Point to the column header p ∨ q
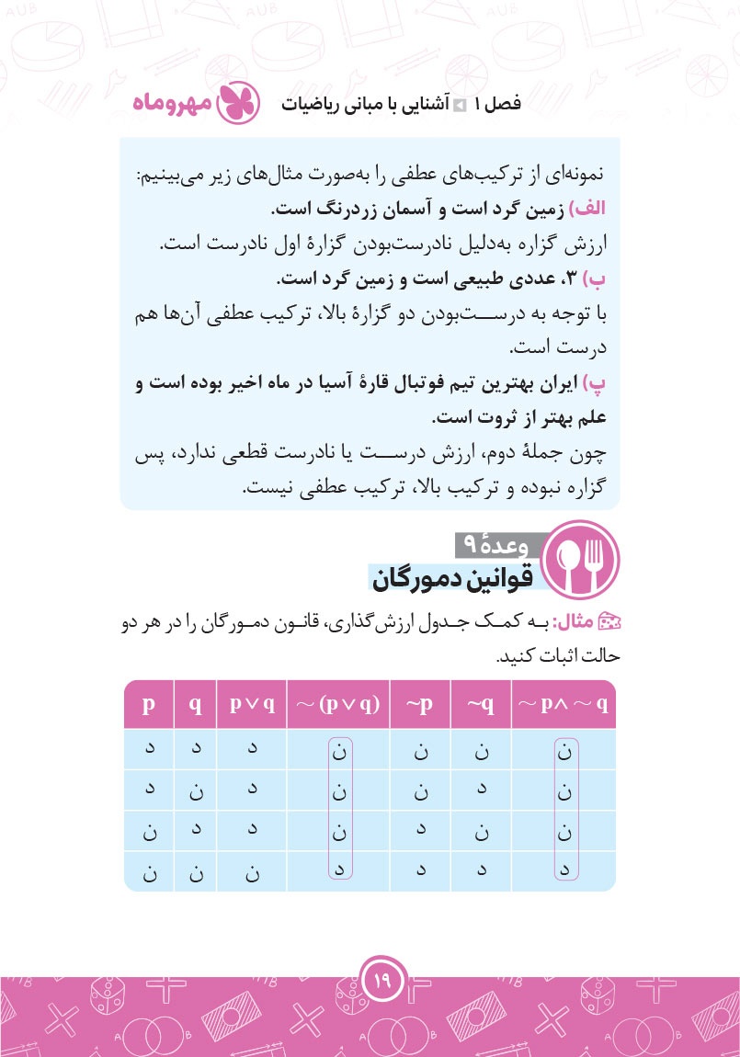252,705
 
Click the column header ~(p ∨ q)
338,705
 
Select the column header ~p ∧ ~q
564,705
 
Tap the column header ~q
481,705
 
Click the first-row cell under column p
148,749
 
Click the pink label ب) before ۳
600,278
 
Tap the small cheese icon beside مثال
610,624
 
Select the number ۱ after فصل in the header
477,103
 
